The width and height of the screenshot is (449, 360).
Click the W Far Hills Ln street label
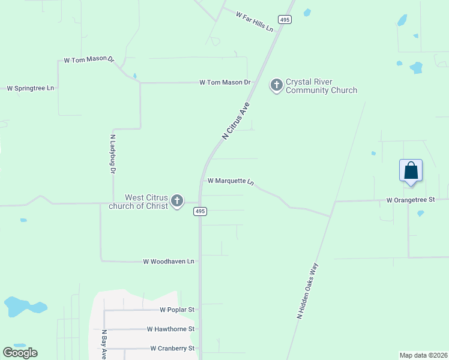(x=255, y=22)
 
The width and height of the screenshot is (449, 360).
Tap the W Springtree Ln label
(x=30, y=88)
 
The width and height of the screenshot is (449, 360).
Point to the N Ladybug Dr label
(x=112, y=154)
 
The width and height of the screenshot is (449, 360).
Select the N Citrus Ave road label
(x=235, y=121)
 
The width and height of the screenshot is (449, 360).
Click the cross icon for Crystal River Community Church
(x=277, y=85)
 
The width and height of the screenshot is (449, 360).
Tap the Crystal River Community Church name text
(x=321, y=86)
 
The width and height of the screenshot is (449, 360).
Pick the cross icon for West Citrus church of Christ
(x=176, y=201)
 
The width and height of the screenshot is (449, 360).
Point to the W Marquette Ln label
(x=231, y=181)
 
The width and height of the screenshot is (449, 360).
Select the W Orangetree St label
(x=410, y=200)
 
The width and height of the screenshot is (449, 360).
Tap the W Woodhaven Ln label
(x=169, y=262)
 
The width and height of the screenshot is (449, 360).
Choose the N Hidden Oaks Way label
(x=307, y=290)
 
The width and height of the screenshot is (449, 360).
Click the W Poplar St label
(x=177, y=310)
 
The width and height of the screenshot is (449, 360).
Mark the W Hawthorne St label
(x=170, y=329)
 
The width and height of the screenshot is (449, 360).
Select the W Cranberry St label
(x=172, y=348)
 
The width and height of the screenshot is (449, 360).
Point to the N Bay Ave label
(x=104, y=344)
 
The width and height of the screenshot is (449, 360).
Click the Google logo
(x=20, y=353)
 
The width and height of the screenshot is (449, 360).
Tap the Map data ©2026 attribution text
(x=423, y=355)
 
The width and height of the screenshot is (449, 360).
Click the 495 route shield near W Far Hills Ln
(x=285, y=20)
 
